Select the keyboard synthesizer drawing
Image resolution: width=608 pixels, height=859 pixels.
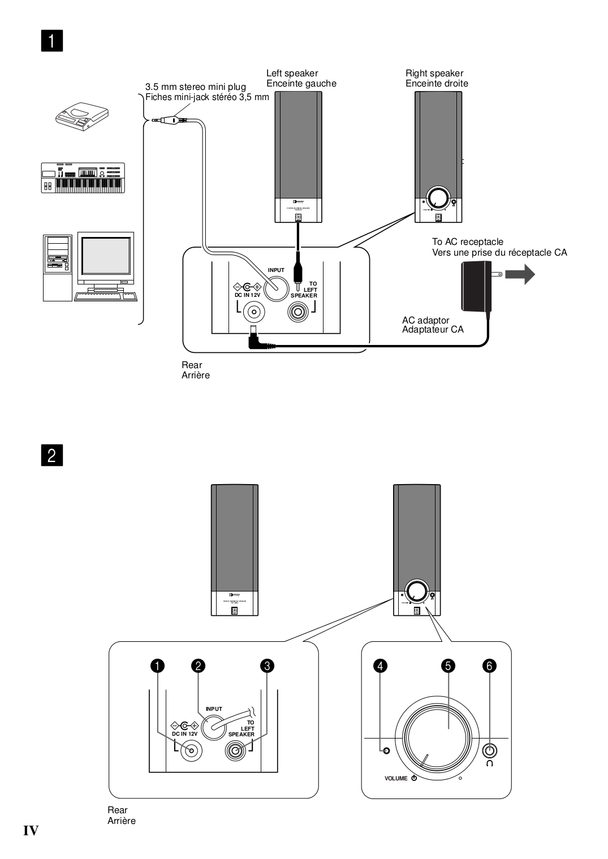(83, 178)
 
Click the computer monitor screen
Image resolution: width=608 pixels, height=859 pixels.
(106, 255)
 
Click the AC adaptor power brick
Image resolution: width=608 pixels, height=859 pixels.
(476, 288)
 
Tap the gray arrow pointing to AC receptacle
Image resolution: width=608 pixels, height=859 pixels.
(519, 275)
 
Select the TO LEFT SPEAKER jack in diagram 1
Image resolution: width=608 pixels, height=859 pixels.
(298, 312)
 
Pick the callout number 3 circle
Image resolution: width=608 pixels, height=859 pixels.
(267, 666)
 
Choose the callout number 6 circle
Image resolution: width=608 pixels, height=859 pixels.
(490, 666)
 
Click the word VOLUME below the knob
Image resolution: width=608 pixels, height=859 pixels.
(396, 779)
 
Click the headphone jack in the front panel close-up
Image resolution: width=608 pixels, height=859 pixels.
(490, 751)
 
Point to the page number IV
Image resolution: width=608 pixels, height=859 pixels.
(31, 830)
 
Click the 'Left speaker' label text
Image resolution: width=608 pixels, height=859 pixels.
(292, 73)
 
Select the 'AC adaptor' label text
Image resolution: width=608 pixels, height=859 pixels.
(425, 320)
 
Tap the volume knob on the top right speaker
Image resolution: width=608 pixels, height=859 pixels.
(438, 198)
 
